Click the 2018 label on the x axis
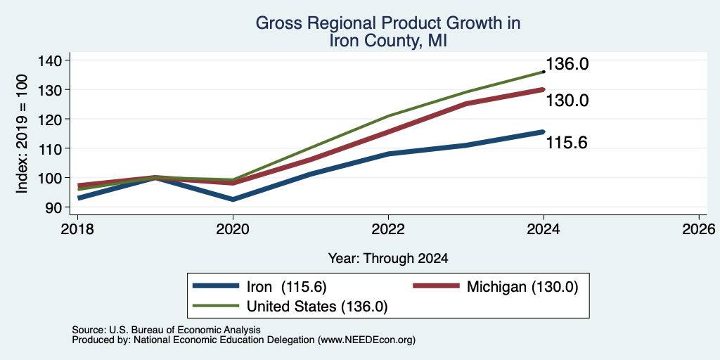(x=77, y=229)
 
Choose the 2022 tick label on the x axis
(x=388, y=229)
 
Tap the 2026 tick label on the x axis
(x=699, y=229)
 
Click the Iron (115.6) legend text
(x=287, y=287)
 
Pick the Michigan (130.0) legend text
(x=522, y=287)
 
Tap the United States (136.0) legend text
(x=317, y=307)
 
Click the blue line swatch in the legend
(x=216, y=285)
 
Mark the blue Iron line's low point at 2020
(x=233, y=199)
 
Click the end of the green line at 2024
(x=544, y=72)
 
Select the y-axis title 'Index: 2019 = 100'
(x=22, y=134)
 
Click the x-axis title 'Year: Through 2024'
(x=388, y=259)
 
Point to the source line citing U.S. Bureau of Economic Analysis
(x=166, y=330)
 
